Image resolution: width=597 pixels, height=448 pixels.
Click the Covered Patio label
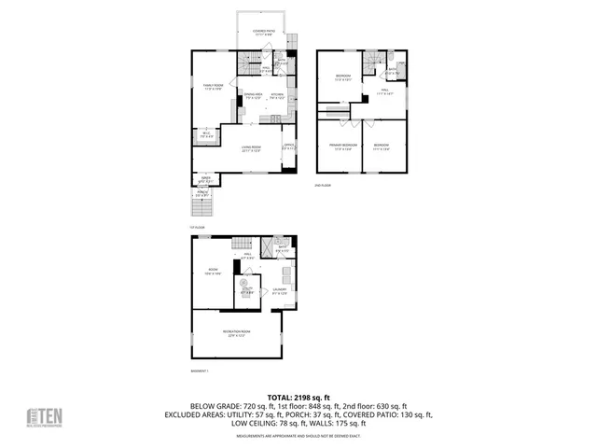[264, 32]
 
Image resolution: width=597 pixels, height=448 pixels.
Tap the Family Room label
[214, 87]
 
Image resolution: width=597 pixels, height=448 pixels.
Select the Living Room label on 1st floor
[251, 148]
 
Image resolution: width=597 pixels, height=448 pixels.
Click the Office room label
[289, 147]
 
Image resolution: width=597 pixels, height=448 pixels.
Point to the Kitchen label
[277, 95]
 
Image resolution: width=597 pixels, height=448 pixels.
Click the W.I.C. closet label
[207, 134]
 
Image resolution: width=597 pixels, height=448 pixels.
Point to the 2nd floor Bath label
[393, 69]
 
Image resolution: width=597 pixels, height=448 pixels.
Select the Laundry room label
[279, 290]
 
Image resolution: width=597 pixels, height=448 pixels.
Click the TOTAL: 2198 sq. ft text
[298, 397]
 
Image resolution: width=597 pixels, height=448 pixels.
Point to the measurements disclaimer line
[298, 436]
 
